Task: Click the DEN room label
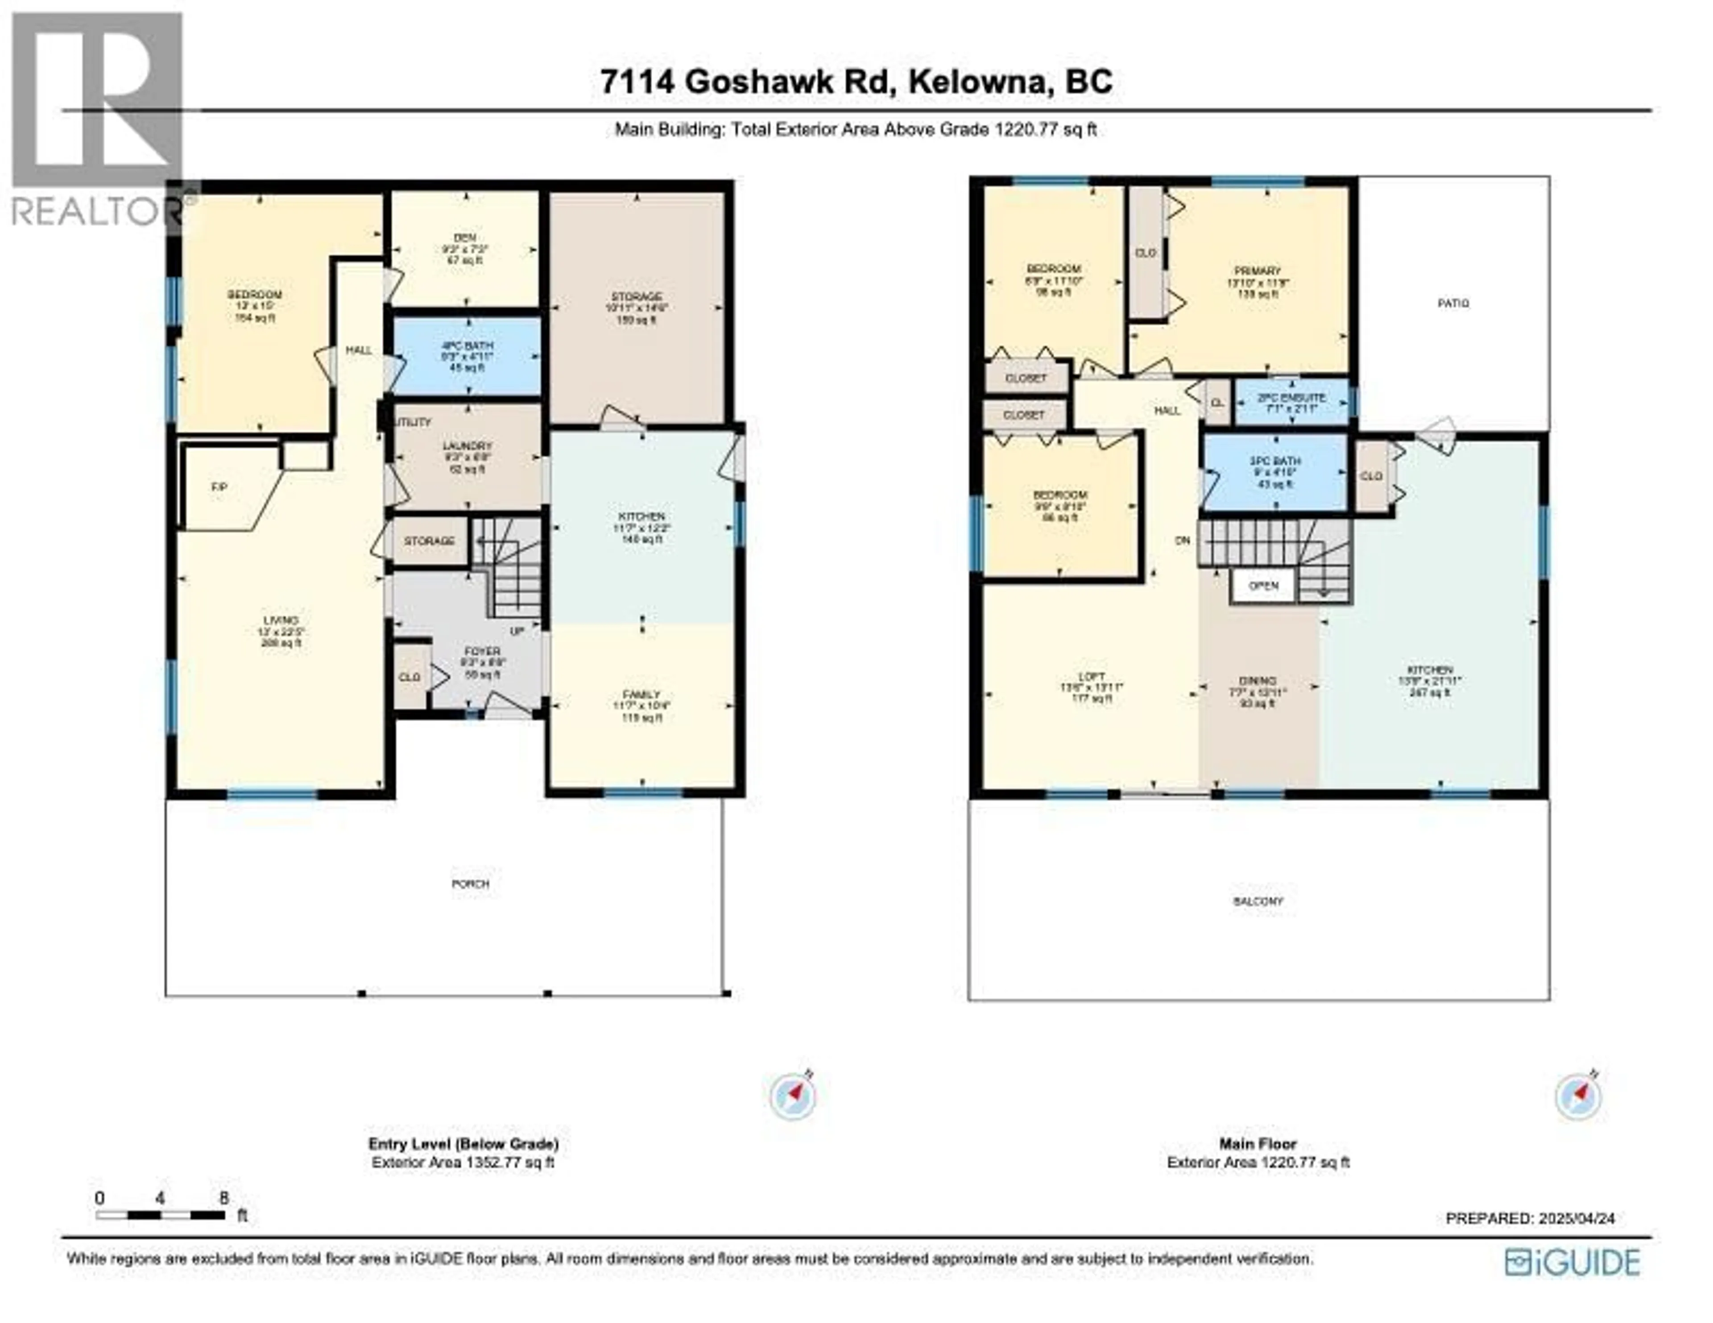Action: coord(466,238)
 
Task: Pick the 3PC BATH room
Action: coord(1274,473)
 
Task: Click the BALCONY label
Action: coord(1258,902)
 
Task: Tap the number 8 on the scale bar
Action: coord(224,1198)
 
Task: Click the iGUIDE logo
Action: coord(1572,1262)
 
